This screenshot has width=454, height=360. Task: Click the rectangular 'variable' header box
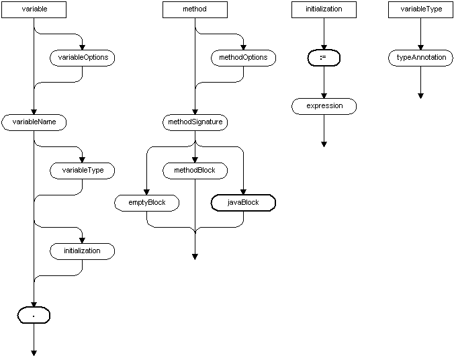[x=34, y=9]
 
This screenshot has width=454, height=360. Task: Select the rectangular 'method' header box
[x=195, y=9]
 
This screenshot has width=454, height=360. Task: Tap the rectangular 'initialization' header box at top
[x=324, y=9]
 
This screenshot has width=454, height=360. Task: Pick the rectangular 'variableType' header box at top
[x=420, y=9]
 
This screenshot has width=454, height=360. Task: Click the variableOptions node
[x=82, y=58]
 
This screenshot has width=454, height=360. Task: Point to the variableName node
[x=34, y=122]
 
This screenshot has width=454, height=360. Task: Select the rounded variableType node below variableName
[x=82, y=171]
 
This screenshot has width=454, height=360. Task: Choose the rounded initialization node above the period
[x=82, y=251]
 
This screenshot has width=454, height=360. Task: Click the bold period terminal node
[x=34, y=315]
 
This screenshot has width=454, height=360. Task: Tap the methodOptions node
[x=243, y=58]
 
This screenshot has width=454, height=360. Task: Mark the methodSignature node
[x=195, y=122]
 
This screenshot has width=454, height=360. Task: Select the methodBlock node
[x=195, y=171]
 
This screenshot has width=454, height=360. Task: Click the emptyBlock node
[x=146, y=202]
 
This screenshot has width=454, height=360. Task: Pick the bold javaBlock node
[x=243, y=202]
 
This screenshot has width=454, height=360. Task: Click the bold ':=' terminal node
[x=324, y=58]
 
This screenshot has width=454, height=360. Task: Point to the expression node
[x=324, y=106]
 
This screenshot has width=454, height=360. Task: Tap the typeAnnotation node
[x=420, y=58]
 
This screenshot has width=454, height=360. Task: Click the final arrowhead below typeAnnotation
[x=420, y=95]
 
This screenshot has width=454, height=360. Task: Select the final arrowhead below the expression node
[x=324, y=143]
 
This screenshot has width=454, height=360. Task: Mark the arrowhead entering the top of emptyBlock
[x=146, y=191]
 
